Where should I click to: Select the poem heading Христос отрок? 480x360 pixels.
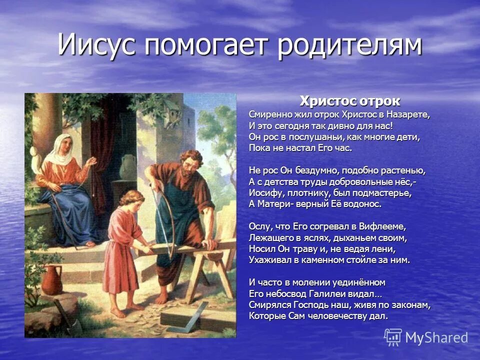tap(349, 101)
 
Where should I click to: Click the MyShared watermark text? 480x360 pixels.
tap(436, 338)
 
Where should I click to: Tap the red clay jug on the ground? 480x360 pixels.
tap(53, 280)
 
